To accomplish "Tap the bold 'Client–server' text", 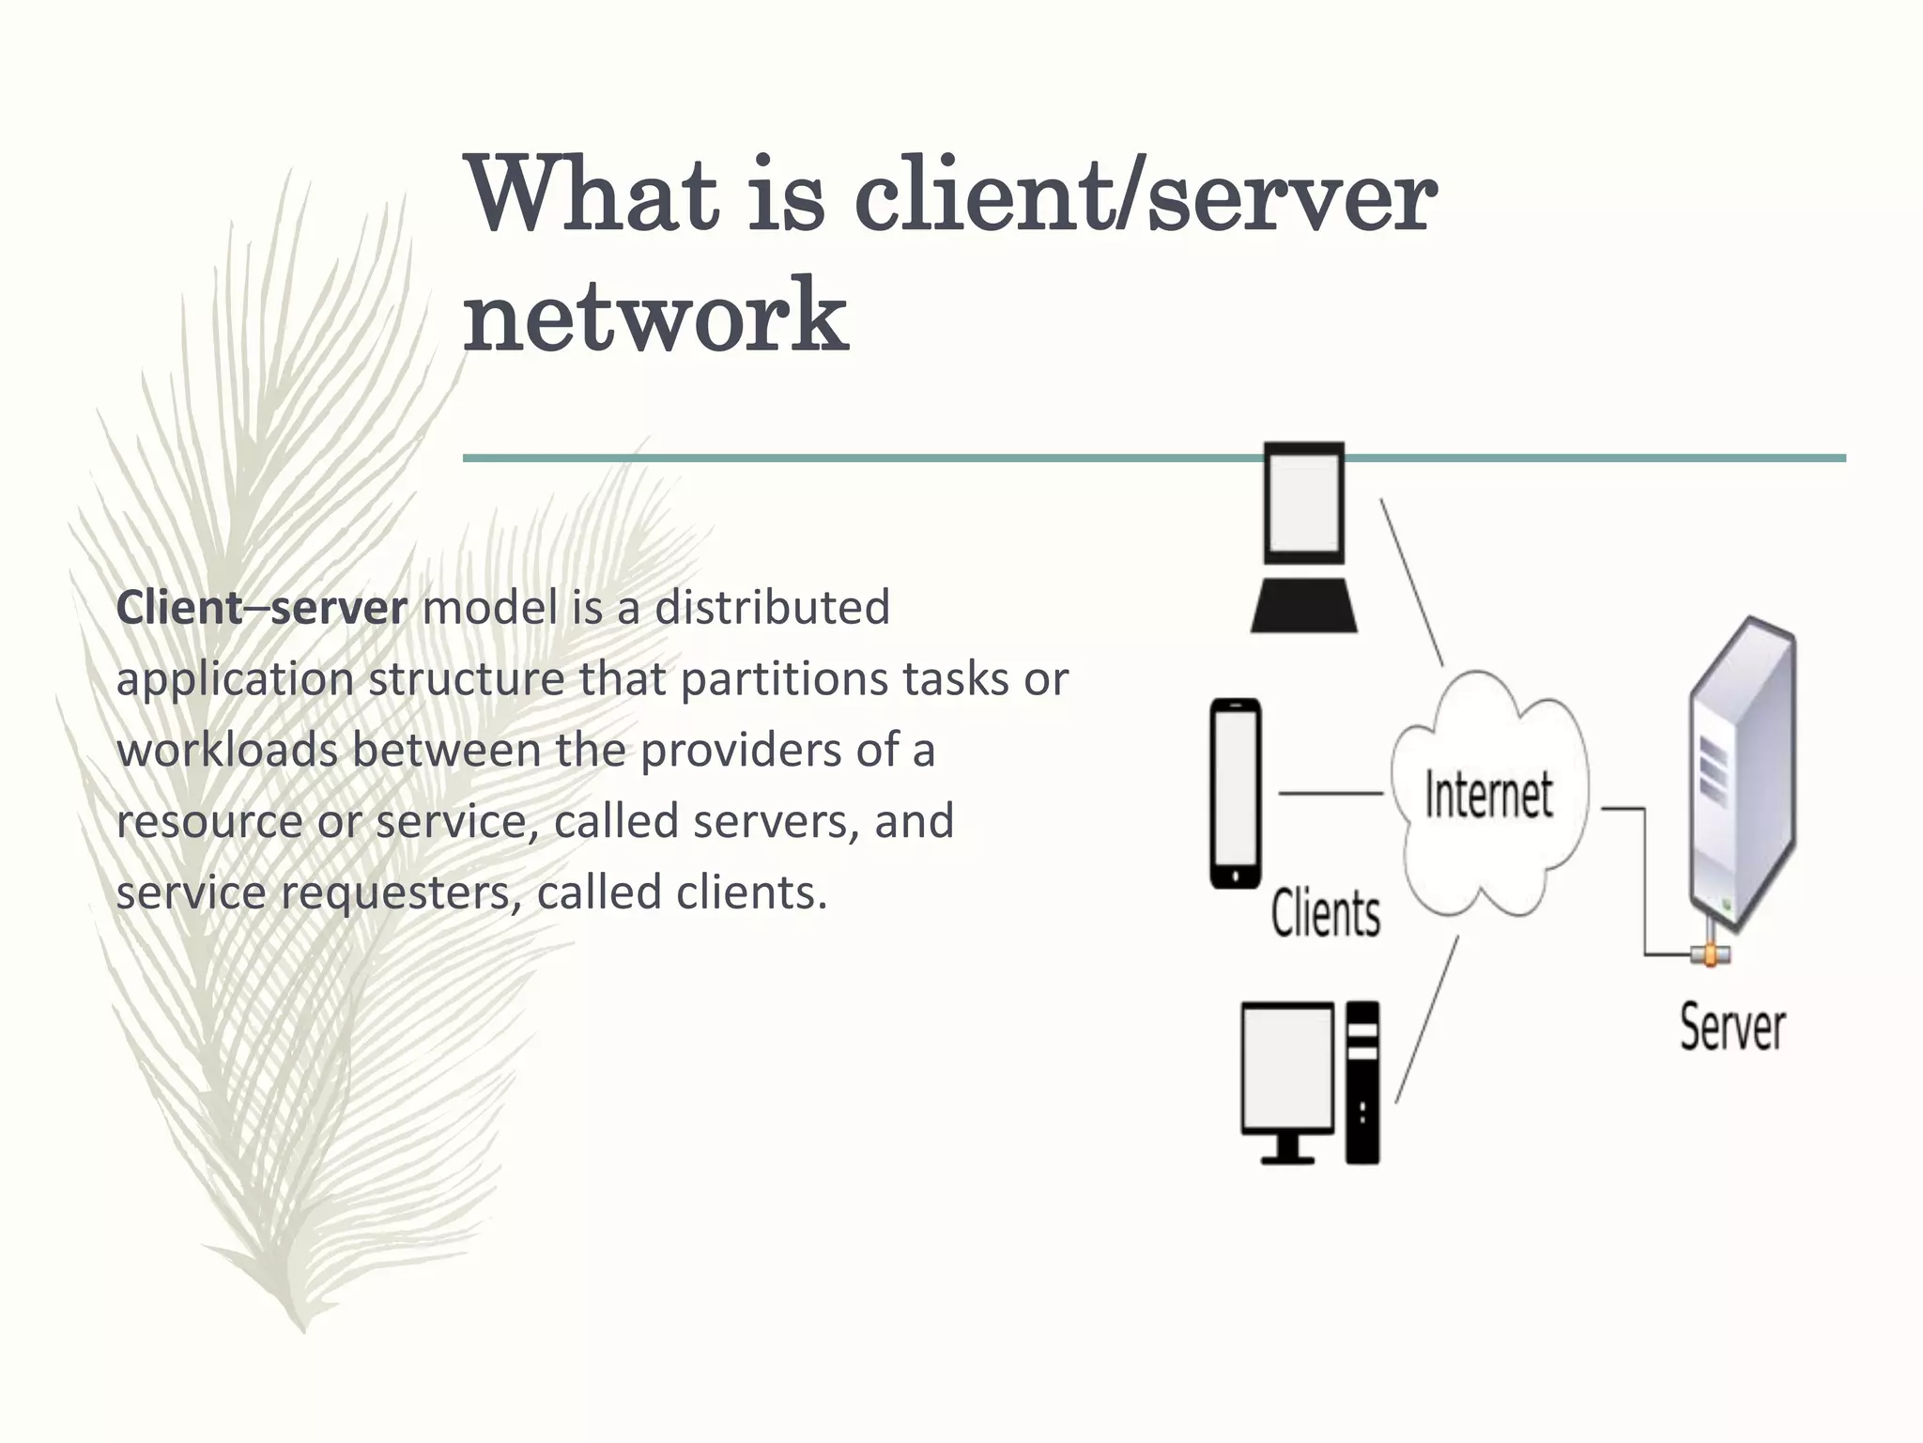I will [x=261, y=608].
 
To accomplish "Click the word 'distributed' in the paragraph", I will [x=772, y=608].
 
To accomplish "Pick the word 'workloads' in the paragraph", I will [x=227, y=751].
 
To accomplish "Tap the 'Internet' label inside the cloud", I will [x=1488, y=795].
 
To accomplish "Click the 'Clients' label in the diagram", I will [x=1326, y=913].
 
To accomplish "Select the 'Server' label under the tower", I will [x=1732, y=1028].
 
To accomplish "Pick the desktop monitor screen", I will [x=1287, y=1068].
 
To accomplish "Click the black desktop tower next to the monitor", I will [x=1362, y=1083].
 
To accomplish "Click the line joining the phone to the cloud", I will [x=1331, y=794].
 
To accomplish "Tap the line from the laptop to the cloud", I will [x=1411, y=582].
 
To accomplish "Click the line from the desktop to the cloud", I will [x=1427, y=1019].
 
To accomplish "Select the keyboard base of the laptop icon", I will [x=1303, y=606].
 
